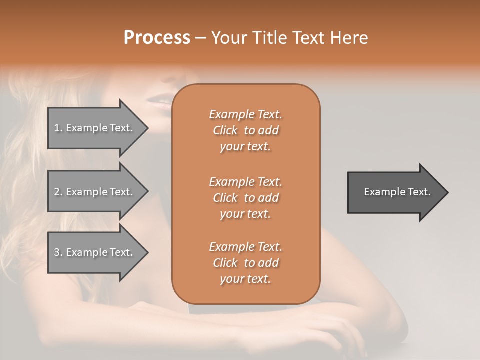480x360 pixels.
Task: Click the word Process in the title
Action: [x=157, y=38]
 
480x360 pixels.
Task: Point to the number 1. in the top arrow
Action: [x=58, y=128]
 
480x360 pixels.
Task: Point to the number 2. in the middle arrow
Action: [x=58, y=192]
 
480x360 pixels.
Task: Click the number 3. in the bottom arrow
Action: [x=58, y=252]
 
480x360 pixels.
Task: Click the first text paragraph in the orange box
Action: [x=245, y=130]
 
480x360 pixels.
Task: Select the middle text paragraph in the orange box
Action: [x=245, y=198]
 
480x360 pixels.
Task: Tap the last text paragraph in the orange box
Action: [x=245, y=263]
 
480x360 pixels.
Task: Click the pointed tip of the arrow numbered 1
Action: [x=147, y=128]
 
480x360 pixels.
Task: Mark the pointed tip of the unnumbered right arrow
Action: [x=447, y=192]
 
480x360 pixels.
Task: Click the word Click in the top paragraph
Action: [x=225, y=131]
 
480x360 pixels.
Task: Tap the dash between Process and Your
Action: [x=200, y=38]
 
